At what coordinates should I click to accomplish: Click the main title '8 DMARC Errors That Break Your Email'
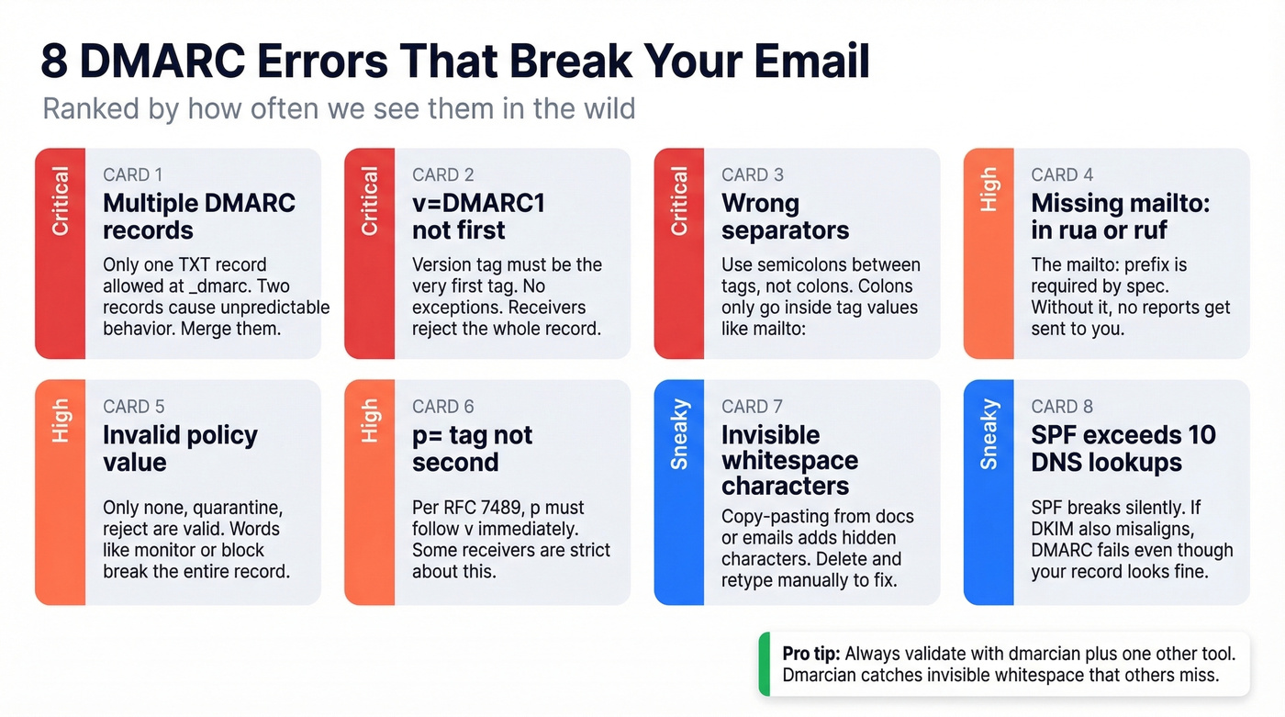tap(454, 62)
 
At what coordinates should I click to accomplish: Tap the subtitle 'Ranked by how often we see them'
tap(339, 108)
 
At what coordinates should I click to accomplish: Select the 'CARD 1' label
tap(133, 174)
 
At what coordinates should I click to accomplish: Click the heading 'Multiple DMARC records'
tap(199, 216)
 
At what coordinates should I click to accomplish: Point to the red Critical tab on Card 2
tap(369, 252)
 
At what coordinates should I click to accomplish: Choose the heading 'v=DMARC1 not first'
tap(477, 216)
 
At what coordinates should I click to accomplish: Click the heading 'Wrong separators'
tap(785, 216)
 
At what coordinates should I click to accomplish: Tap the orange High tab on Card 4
tap(989, 252)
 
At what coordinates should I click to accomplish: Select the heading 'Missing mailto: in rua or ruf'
tap(1120, 216)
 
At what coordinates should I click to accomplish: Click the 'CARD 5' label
tap(133, 407)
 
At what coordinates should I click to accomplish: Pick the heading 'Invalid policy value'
tap(180, 448)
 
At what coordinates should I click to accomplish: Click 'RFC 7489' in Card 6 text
tap(482, 508)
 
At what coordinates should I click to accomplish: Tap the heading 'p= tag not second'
tap(472, 448)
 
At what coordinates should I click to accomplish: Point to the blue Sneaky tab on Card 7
tap(679, 491)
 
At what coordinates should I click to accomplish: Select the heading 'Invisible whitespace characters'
tap(789, 460)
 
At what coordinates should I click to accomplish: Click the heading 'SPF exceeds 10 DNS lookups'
tap(1123, 448)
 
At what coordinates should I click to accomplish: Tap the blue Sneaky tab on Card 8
tap(989, 491)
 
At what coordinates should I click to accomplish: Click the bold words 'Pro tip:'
tap(810, 654)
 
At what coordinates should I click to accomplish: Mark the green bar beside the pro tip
tap(764, 664)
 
